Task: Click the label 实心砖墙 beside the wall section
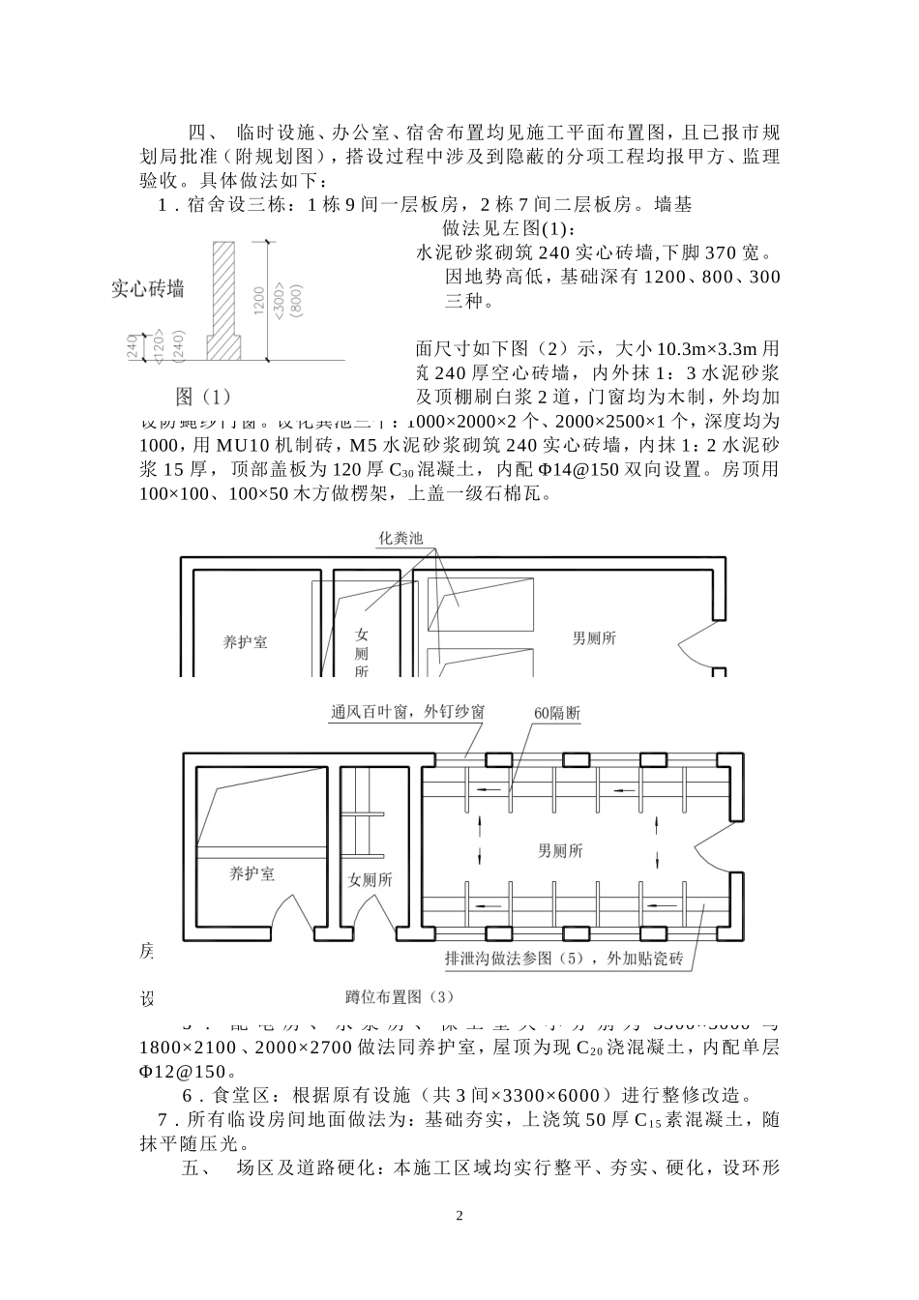[x=147, y=288]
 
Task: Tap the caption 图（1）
[x=204, y=396]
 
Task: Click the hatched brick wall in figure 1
[x=223, y=290]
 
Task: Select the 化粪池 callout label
[x=400, y=539]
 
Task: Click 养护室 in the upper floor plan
[x=246, y=641]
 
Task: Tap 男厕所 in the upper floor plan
[x=594, y=637]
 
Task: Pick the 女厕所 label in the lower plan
[x=370, y=880]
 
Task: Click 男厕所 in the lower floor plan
[x=561, y=850]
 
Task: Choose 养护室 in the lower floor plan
[x=252, y=873]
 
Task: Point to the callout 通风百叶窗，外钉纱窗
[x=408, y=712]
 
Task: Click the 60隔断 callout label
[x=557, y=713]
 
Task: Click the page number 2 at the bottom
[x=459, y=1216]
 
